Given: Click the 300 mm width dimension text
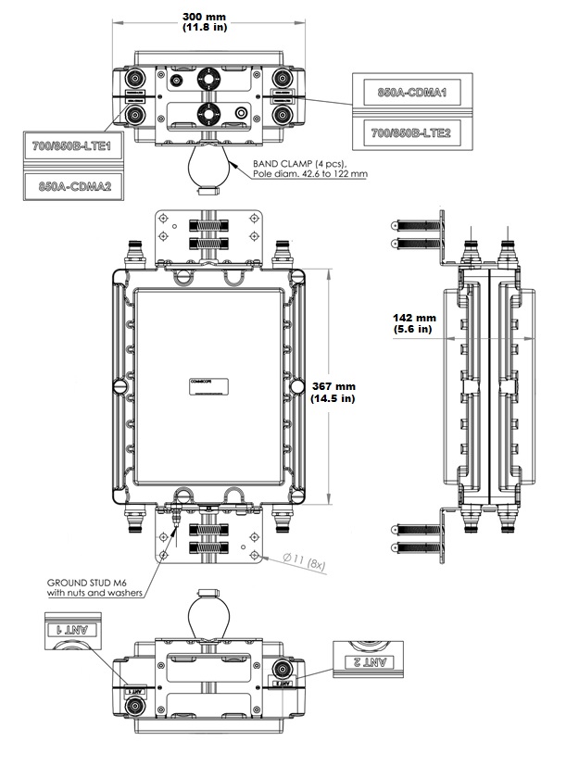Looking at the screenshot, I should click(x=206, y=17).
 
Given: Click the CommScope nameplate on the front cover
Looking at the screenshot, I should click(x=207, y=386).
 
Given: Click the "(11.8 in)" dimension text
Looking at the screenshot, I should click(x=206, y=29).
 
